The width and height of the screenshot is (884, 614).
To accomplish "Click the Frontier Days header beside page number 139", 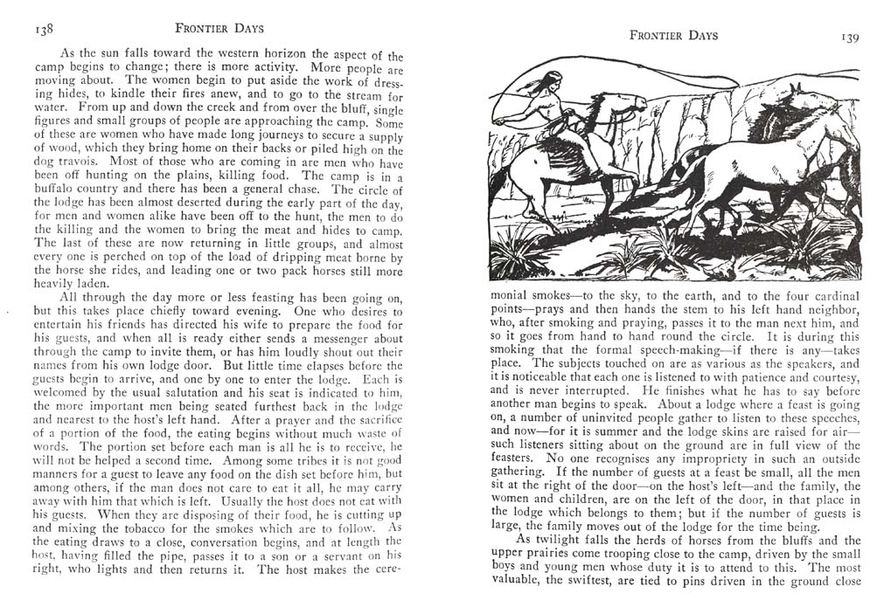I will (x=673, y=36).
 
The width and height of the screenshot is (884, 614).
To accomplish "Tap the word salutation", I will (x=173, y=396).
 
